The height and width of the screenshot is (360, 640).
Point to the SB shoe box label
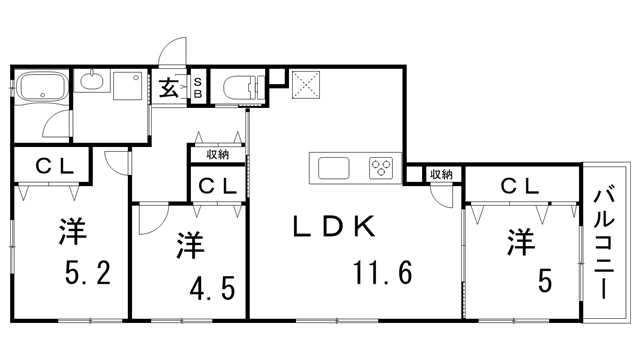coord(198,88)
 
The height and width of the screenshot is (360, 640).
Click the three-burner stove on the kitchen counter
coord(382,166)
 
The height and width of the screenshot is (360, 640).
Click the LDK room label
coord(333,226)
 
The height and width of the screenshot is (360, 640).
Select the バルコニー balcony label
coord(606,242)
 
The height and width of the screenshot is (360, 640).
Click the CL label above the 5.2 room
coord(52,167)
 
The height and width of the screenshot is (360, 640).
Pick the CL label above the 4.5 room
coord(217,186)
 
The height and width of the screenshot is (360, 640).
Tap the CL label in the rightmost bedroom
coord(520,185)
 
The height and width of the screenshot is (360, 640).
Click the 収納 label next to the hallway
coord(218,154)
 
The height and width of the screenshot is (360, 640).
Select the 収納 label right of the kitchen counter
coord(441,174)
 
